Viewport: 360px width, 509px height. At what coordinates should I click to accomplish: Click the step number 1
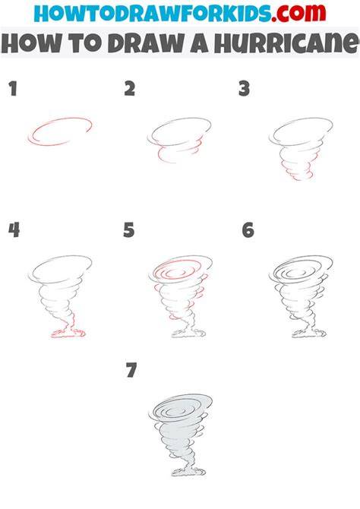point(13,89)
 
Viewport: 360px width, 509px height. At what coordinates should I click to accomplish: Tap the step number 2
point(130,89)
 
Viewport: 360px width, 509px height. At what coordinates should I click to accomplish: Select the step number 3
point(244,89)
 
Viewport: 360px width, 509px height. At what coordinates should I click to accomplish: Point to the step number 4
point(14,230)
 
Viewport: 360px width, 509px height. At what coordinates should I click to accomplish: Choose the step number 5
point(129,230)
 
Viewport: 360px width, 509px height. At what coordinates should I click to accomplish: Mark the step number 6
point(248,230)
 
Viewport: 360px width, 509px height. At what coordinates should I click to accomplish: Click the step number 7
point(131,370)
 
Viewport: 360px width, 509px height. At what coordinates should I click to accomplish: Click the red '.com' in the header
point(298,13)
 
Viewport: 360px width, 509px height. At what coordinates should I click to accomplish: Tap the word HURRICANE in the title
point(287,43)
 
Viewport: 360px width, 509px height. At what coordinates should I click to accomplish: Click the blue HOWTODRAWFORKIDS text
point(153,13)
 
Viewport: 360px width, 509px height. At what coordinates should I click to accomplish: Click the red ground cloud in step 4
point(68,334)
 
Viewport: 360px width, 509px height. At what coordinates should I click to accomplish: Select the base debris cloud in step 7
point(188,472)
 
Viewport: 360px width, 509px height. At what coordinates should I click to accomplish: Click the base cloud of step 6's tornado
point(309,334)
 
